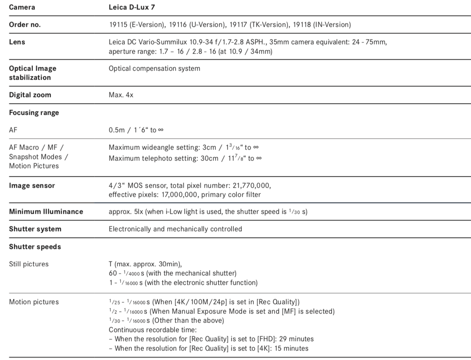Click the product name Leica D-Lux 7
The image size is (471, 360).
point(132,7)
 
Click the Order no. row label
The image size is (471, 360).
point(25,25)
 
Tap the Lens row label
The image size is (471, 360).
point(17,42)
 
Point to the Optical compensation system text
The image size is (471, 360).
point(154,68)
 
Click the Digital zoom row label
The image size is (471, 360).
point(30,95)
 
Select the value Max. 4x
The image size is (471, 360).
point(121,95)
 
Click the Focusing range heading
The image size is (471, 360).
point(34,113)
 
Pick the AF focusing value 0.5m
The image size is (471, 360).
point(117,130)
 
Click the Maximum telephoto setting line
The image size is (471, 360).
point(185,158)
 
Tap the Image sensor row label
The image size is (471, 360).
point(32,185)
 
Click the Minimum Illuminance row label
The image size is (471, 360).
point(46,212)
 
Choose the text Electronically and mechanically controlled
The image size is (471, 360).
point(175,229)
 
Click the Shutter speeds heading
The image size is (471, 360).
point(35,247)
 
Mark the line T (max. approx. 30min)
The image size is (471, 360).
point(145,264)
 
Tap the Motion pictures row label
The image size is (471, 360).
point(34,302)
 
